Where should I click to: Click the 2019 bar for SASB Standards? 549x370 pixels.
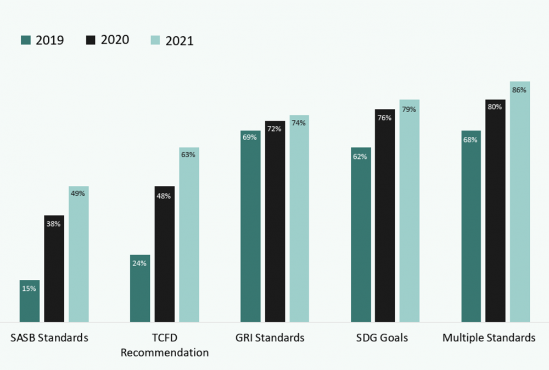(30, 301)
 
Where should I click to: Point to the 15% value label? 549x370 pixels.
(30, 288)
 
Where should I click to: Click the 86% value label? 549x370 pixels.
(519, 90)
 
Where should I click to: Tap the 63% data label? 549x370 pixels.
(188, 154)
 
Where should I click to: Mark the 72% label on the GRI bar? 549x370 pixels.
(274, 129)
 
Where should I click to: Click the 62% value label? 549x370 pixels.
(360, 156)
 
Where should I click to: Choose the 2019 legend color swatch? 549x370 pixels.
(26, 40)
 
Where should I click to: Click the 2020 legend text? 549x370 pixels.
(115, 40)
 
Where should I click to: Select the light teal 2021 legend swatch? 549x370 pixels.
(155, 40)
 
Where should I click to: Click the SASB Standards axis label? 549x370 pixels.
(49, 338)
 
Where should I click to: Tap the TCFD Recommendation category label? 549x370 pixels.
(165, 345)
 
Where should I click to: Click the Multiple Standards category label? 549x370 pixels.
(489, 338)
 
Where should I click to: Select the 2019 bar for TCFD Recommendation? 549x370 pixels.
(139, 289)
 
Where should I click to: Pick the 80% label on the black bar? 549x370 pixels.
(495, 107)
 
